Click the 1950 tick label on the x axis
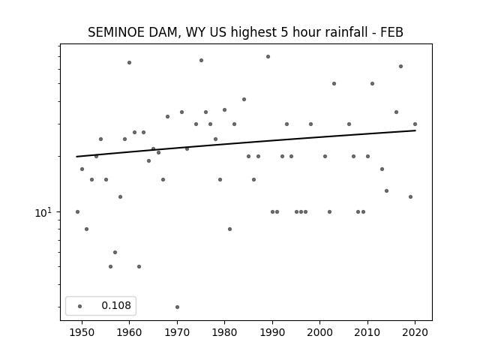click(82, 332)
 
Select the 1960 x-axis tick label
click(129, 332)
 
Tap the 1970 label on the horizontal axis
click(177, 332)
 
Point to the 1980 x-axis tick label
click(224, 332)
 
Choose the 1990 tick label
click(272, 332)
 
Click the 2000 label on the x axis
click(319, 332)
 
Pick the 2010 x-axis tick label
click(367, 332)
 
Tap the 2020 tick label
click(415, 332)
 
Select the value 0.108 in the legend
click(116, 305)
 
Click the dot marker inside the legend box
click(79, 306)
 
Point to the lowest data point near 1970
click(177, 307)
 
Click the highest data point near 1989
click(268, 57)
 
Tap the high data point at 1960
click(129, 63)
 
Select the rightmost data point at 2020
click(415, 124)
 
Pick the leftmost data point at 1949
click(77, 211)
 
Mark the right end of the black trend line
click(415, 130)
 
